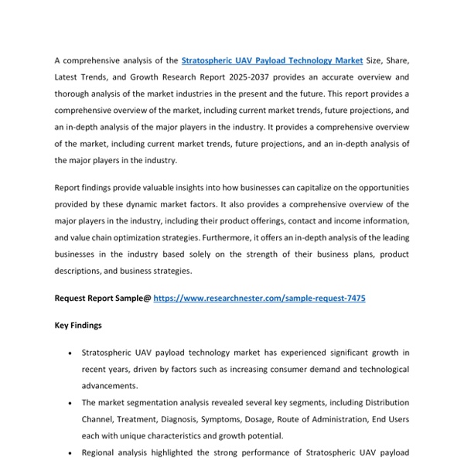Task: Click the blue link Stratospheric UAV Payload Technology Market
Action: click(271, 60)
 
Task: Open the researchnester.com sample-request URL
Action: click(259, 298)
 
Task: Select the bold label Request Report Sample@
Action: click(103, 298)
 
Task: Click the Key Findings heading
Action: click(78, 326)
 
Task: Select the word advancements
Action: click(110, 386)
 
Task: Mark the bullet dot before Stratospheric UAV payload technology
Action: click(71, 353)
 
